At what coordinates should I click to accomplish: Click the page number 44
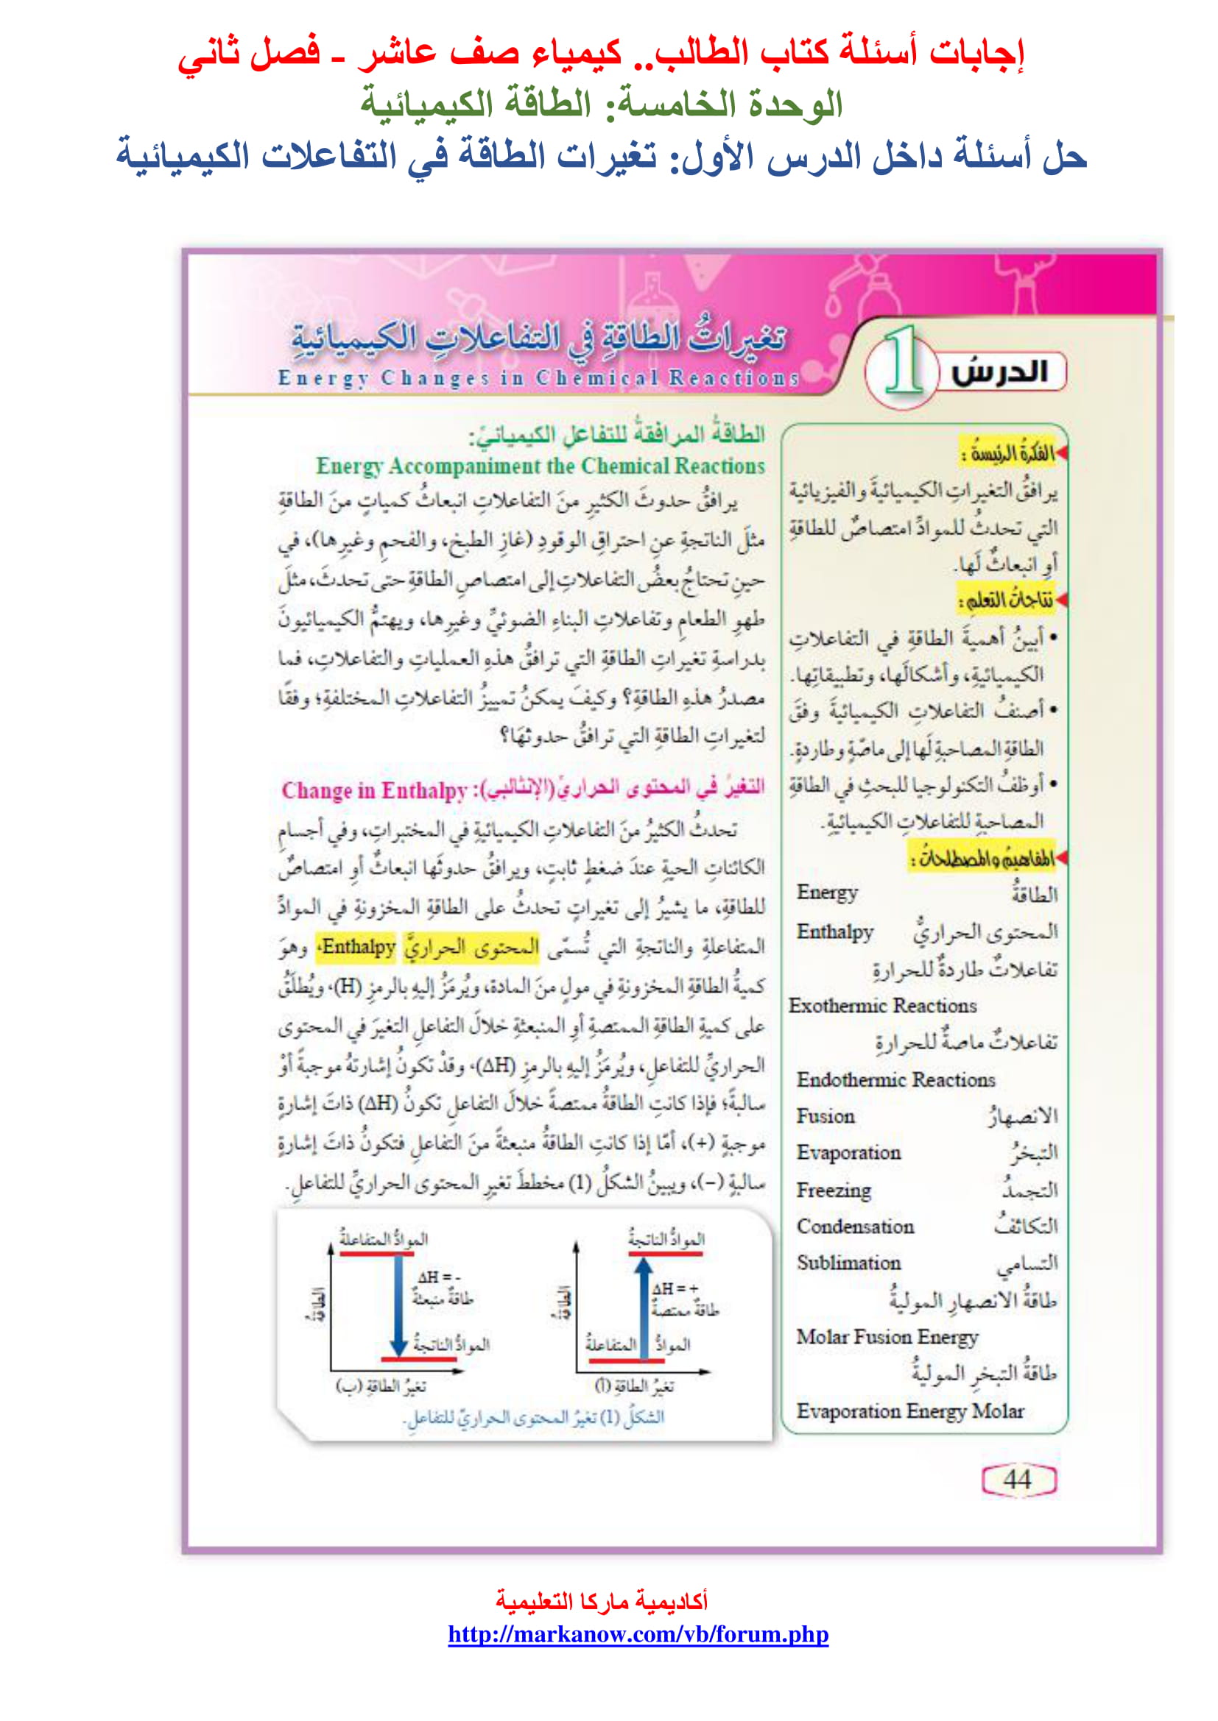pos(1018,1480)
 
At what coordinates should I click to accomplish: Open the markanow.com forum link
pos(638,1634)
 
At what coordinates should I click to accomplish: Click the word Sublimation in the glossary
pos(848,1263)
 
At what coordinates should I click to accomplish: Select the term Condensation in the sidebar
pos(855,1227)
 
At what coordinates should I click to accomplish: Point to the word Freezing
pos(834,1190)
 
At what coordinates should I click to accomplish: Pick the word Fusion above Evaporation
pos(825,1116)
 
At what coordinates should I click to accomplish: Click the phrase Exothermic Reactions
pos(882,1006)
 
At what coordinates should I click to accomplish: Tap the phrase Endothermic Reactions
pos(895,1079)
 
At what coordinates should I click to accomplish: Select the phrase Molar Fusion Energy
pos(887,1336)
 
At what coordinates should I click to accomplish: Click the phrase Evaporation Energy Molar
pos(909,1410)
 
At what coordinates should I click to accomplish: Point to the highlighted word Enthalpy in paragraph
pos(358,947)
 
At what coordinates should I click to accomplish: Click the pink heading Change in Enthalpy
pos(374,790)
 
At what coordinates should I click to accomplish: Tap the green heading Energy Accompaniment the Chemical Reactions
pos(540,466)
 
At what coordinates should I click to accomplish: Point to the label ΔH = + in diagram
pos(675,1288)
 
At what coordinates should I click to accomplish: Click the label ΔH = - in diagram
pos(439,1277)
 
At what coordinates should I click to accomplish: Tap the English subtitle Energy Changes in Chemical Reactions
pos(538,377)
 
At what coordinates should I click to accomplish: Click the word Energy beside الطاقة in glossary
pos(826,892)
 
